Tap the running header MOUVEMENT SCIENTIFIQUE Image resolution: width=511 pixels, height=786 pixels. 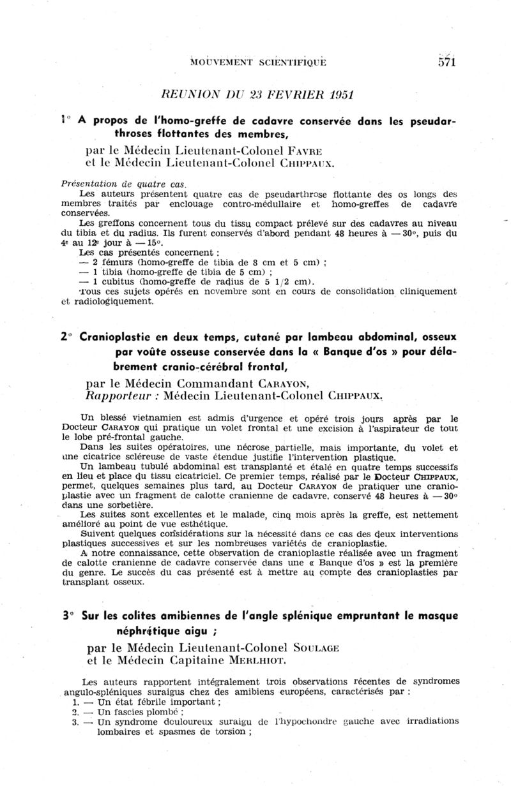coord(258,63)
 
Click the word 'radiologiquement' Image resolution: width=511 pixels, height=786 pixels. coord(111,302)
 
